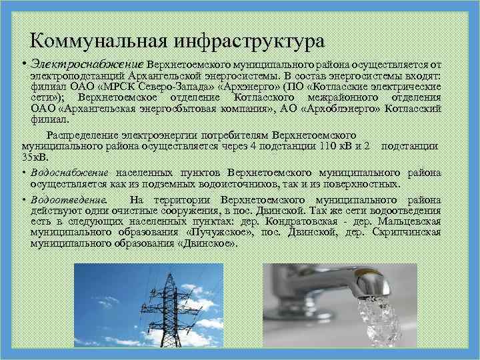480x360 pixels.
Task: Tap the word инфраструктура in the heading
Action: [249, 41]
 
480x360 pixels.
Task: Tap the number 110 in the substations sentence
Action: [309, 145]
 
